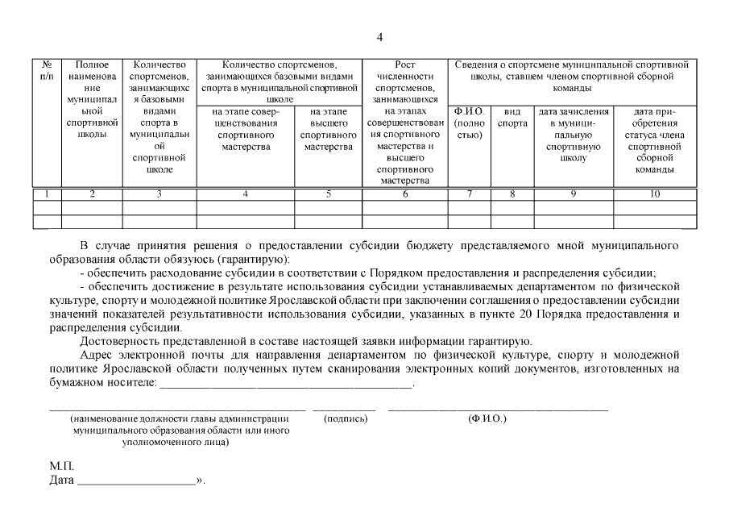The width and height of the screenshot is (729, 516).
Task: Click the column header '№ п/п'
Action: [48, 70]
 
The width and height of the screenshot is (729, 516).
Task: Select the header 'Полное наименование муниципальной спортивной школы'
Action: [92, 99]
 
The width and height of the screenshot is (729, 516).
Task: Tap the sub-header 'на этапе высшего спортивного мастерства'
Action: [328, 129]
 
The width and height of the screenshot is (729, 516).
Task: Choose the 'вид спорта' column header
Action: [512, 118]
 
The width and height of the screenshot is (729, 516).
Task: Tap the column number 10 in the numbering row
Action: [654, 193]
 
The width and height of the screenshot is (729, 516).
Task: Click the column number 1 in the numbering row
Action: [48, 193]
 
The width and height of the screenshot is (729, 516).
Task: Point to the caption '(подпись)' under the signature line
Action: [346, 419]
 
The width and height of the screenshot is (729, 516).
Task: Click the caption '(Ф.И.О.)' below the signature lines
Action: [487, 419]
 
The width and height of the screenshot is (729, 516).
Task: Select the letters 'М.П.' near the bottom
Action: [61, 467]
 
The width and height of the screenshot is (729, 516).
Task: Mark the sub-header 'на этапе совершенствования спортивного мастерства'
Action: [245, 129]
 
